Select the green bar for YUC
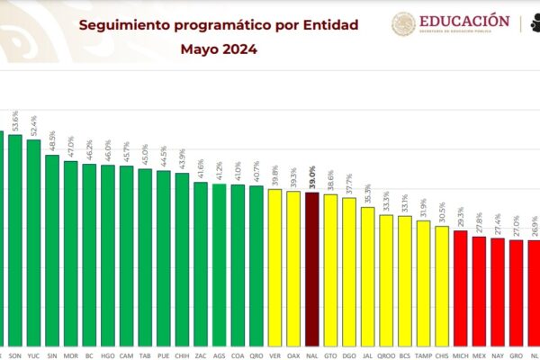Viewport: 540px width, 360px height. coord(33,243)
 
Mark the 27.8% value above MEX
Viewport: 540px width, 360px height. coord(479,221)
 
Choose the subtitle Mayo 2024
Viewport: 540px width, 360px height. coord(218,49)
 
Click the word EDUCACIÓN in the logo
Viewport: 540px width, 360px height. coord(464,20)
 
